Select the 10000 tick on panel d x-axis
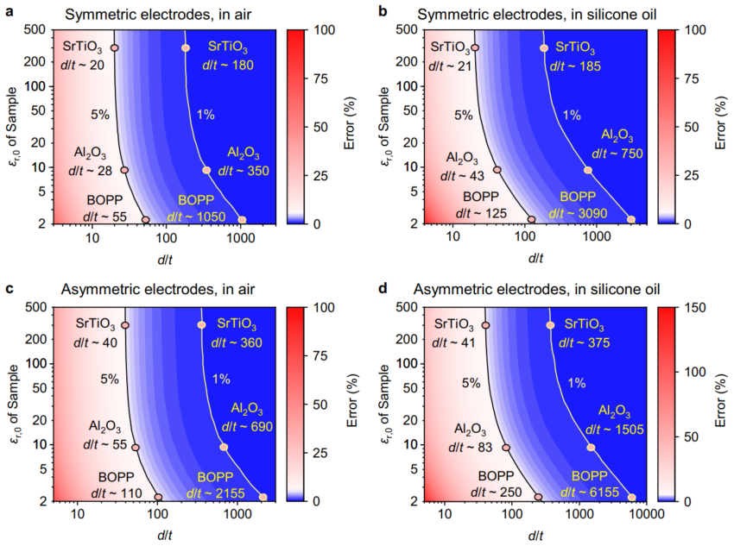pyautogui.click(x=642, y=515)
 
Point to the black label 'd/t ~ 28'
pyautogui.click(x=89, y=170)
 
